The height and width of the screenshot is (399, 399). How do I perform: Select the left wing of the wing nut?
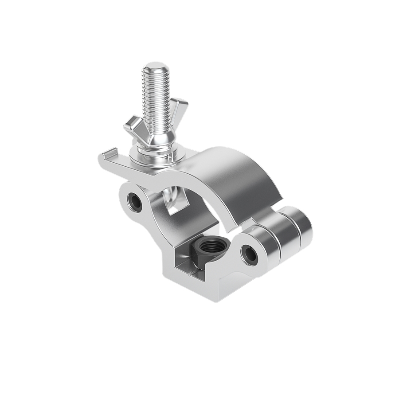[x=133, y=125]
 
